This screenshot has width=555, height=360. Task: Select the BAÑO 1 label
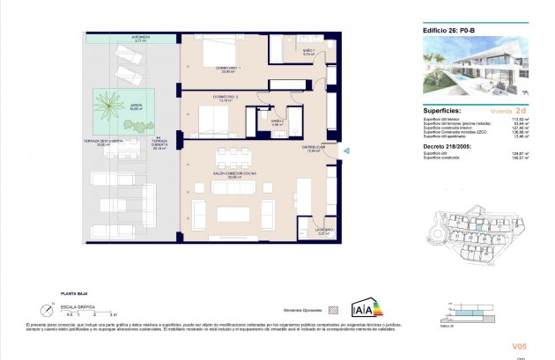coord(308,52)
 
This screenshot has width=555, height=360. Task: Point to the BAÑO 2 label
coord(276,121)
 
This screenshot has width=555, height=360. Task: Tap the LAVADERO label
coord(323,230)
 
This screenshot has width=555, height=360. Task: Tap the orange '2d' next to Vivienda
coord(521,111)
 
